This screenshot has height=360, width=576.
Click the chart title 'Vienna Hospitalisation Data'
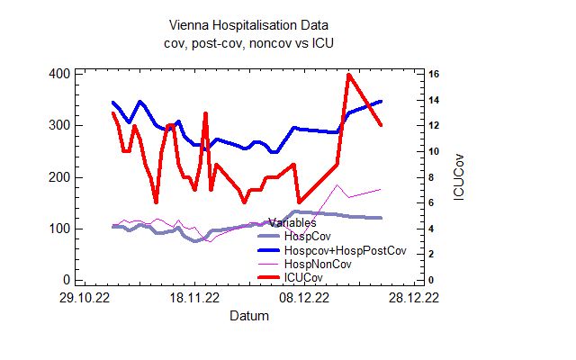236,25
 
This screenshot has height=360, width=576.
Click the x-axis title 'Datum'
247,316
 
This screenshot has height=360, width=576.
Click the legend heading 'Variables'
292,221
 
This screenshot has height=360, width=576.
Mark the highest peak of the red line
348,75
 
